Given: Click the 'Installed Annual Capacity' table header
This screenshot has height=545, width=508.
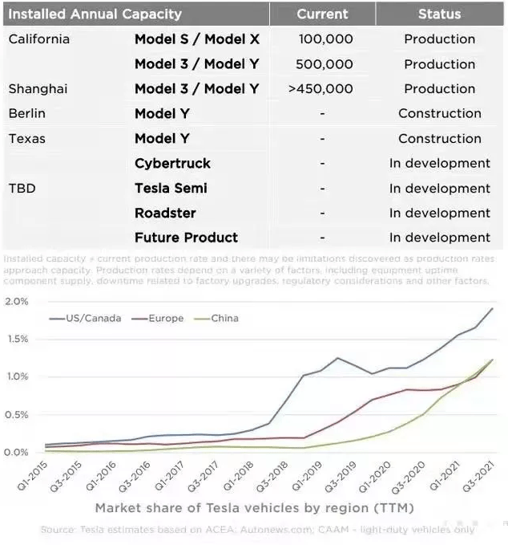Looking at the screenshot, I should click(95, 14).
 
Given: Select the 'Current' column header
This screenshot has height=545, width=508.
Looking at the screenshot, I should click(322, 14).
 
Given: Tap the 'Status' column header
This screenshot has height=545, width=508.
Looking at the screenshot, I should click(439, 14).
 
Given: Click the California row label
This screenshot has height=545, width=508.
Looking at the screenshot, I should click(38, 39).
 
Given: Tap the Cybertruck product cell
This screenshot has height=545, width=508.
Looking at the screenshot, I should click(172, 164).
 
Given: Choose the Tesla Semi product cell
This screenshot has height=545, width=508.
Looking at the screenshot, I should click(171, 189).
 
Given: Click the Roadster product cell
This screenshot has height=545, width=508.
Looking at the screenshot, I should click(165, 214).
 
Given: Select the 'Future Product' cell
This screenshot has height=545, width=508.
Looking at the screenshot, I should click(186, 238).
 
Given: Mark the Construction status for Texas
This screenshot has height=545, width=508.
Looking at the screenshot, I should click(439, 139).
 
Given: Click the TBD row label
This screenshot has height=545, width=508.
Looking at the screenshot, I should click(22, 189).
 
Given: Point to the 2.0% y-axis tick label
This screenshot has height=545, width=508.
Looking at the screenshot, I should click(17, 302).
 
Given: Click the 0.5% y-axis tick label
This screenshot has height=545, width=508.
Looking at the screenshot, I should click(17, 415).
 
